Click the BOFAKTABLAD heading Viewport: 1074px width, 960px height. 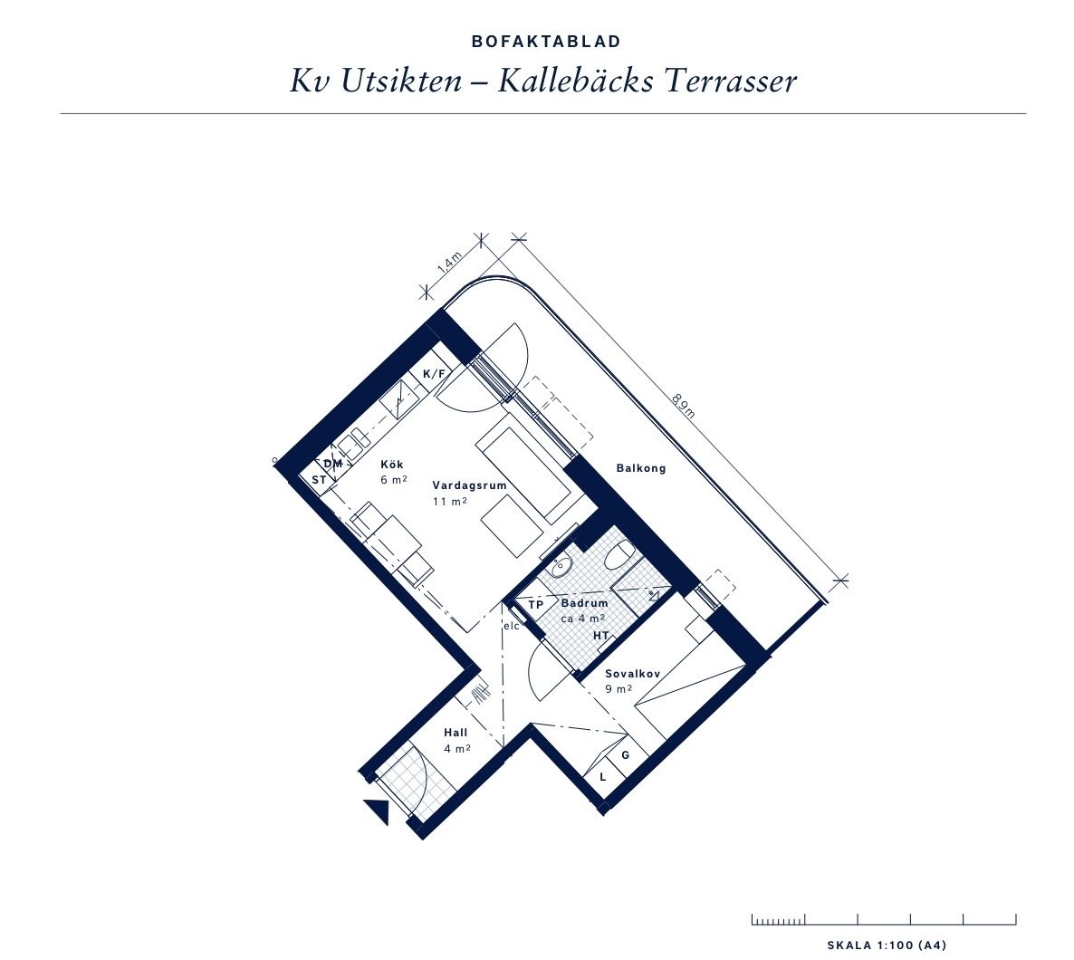tap(546, 42)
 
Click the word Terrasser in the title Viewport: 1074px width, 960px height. tap(731, 82)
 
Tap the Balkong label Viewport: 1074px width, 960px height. tap(641, 469)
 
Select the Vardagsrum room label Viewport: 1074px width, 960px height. tap(469, 485)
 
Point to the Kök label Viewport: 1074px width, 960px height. tap(392, 465)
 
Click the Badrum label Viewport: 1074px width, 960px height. tap(584, 604)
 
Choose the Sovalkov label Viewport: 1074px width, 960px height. tap(632, 674)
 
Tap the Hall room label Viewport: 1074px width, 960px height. tap(455, 733)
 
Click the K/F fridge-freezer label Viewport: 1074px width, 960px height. tap(435, 373)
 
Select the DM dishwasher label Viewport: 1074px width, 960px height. tap(333, 464)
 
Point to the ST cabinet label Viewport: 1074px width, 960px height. tap(319, 480)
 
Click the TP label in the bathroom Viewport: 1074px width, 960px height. tap(535, 605)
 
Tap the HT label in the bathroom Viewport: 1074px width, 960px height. tap(600, 636)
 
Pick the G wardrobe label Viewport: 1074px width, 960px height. tap(626, 755)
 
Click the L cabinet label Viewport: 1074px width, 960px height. tap(603, 777)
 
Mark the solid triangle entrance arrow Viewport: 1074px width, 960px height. tap(378, 812)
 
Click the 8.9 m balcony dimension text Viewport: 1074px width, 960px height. tap(683, 406)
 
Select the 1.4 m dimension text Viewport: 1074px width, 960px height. tap(450, 264)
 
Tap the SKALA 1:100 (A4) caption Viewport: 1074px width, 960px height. tap(887, 946)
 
